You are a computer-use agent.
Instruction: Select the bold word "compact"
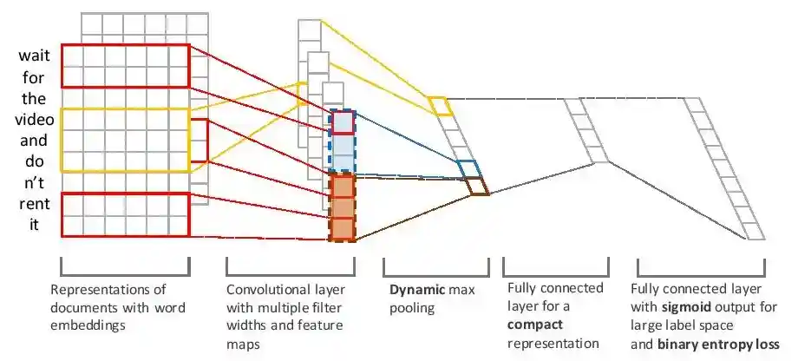[534, 325]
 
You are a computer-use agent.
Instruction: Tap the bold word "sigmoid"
[688, 307]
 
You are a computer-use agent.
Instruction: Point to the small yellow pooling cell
[440, 106]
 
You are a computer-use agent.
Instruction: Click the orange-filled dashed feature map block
[343, 207]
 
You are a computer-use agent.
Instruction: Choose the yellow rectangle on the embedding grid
[125, 139]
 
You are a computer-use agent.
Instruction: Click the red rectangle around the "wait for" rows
[125, 65]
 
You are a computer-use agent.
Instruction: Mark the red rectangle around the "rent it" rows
[125, 214]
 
